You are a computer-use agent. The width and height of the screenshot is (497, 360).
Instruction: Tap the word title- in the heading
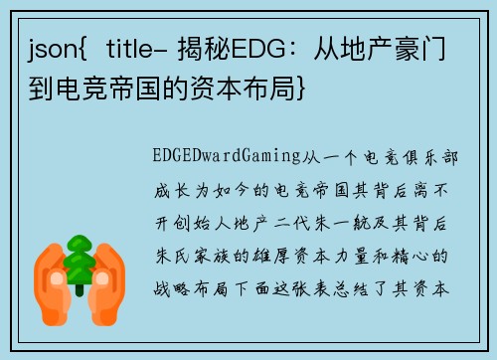point(139,48)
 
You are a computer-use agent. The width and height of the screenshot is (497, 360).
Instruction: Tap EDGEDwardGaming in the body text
point(220,158)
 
